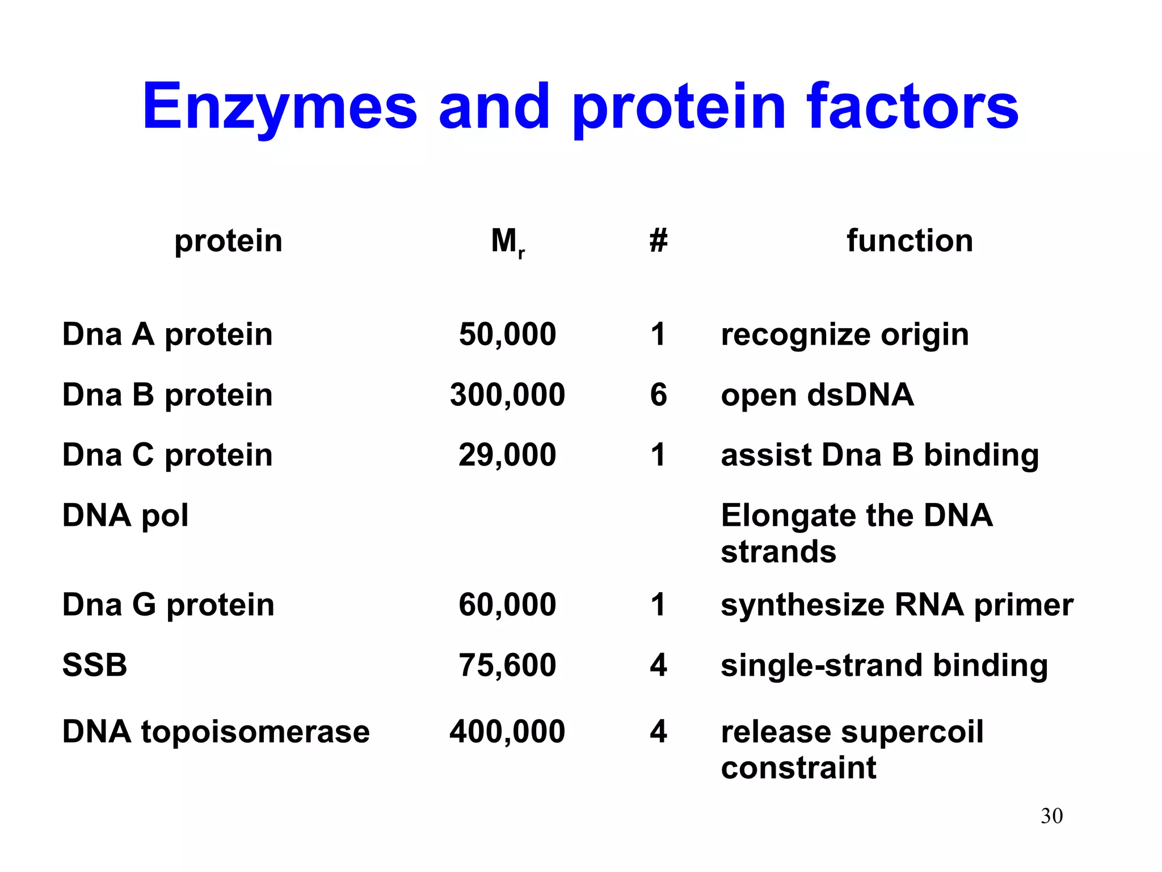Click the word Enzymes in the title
(279, 107)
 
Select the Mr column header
(507, 242)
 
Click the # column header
(658, 241)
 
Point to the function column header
(910, 241)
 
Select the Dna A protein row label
(167, 334)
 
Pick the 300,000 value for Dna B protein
(507, 395)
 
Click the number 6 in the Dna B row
(658, 395)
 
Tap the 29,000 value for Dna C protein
(507, 455)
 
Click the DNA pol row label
(125, 516)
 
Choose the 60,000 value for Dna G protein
(507, 605)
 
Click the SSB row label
(95, 665)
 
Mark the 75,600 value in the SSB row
(507, 665)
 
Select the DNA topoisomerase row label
(216, 732)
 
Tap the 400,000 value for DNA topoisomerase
(507, 732)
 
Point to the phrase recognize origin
(844, 335)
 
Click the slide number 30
(1051, 816)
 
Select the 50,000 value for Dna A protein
(507, 334)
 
